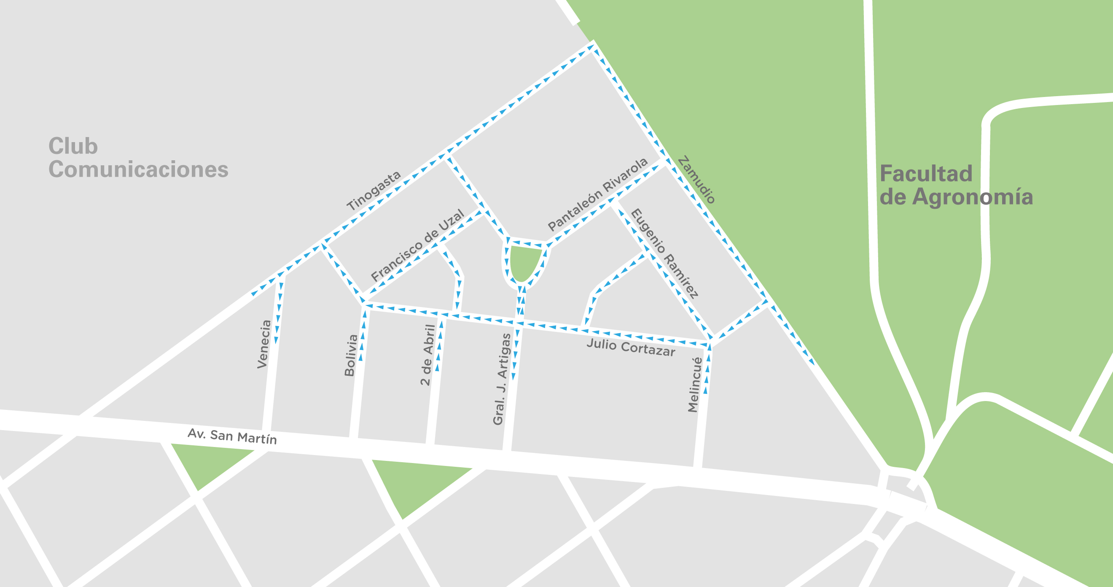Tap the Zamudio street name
(x=696, y=179)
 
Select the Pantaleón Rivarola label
(x=598, y=194)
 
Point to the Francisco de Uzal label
(x=418, y=245)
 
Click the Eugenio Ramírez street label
(x=664, y=254)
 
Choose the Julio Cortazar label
(x=630, y=347)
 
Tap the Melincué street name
(x=695, y=385)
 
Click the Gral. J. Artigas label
(x=502, y=379)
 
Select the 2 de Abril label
(x=427, y=355)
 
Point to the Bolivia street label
(x=351, y=355)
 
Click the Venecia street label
(x=264, y=344)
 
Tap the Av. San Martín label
(x=232, y=436)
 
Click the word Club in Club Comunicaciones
(x=73, y=146)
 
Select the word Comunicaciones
(x=138, y=170)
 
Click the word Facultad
(x=926, y=174)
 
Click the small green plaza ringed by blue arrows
(x=524, y=262)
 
